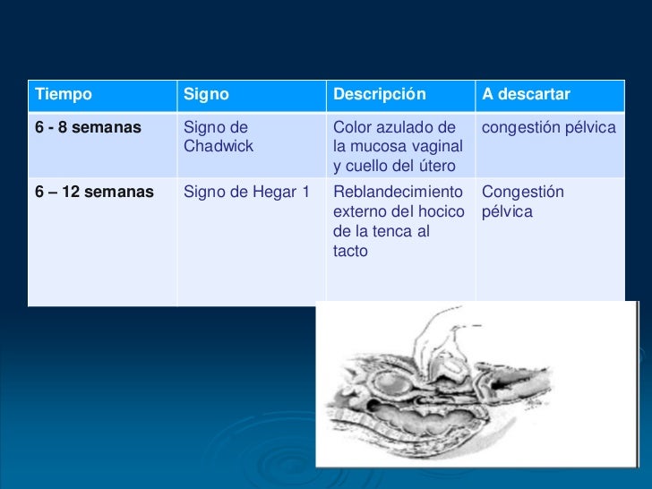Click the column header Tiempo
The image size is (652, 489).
pyautogui.click(x=63, y=95)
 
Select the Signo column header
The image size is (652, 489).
pyautogui.click(x=206, y=95)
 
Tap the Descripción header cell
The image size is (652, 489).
pyautogui.click(x=380, y=95)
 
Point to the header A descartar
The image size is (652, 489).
pyautogui.click(x=526, y=95)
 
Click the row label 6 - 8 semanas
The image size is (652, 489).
pyautogui.click(x=88, y=128)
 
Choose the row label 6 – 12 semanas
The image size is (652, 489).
pyautogui.click(x=93, y=193)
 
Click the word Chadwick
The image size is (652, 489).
pyautogui.click(x=218, y=146)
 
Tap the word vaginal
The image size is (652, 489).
pyautogui.click(x=437, y=146)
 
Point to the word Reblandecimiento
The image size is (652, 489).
pyautogui.click(x=397, y=193)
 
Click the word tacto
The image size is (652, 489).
pyautogui.click(x=350, y=252)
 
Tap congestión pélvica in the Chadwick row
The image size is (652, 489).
pyautogui.click(x=548, y=128)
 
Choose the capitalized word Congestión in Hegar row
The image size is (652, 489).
pyautogui.click(x=523, y=193)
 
